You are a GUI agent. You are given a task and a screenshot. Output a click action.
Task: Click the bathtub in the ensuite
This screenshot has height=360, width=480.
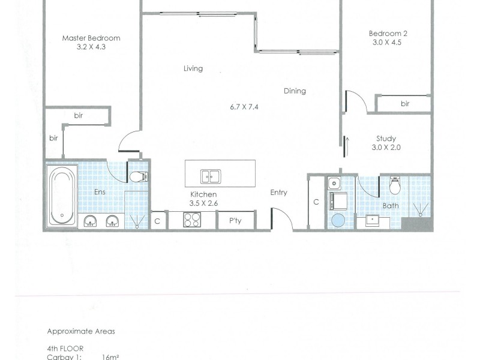point(62,196)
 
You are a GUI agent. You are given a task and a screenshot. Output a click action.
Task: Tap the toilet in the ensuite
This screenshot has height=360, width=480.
point(139,176)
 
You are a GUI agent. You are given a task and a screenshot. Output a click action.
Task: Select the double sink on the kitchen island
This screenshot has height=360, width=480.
point(210,176)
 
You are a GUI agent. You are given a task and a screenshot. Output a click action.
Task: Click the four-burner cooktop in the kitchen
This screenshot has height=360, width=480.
point(192,221)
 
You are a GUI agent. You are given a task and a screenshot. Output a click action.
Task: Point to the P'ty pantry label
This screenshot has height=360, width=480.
point(235,221)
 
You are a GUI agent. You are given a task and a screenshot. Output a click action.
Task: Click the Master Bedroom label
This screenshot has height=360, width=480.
point(91,38)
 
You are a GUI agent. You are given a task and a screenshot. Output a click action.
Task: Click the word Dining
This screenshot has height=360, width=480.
point(295,91)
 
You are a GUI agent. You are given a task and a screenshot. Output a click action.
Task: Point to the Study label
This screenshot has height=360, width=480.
point(386,139)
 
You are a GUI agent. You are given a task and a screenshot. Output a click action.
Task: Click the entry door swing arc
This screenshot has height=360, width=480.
point(283,219)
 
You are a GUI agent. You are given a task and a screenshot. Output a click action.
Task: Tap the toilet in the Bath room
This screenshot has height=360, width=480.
point(395,186)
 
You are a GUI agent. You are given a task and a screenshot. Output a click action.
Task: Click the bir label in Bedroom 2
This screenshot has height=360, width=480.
point(405,104)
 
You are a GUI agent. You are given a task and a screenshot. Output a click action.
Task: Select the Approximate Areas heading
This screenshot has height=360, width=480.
point(81,331)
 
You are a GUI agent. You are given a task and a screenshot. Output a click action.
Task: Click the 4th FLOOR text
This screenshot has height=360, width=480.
point(65,347)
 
